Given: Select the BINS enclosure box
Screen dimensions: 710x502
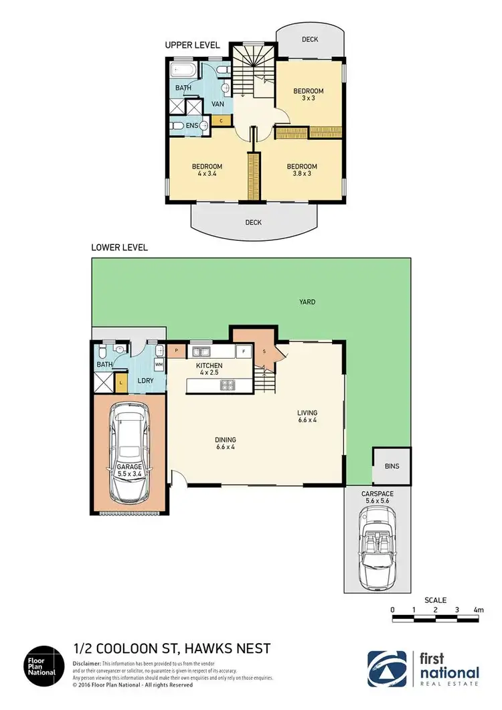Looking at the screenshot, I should pos(392,466).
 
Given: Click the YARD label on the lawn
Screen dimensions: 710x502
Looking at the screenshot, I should pos(307,302).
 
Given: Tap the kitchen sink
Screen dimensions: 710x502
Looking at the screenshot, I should pos(201,351).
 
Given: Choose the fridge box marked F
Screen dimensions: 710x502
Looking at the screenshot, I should pos(244,351).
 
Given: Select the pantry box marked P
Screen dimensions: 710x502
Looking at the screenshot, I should pos(176,350).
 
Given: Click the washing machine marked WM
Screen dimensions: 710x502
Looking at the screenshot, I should pos(159,365).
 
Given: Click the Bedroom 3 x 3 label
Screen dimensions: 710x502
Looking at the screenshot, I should pos(308,95).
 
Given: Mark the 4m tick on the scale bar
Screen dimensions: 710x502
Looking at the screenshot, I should pos(478,610).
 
